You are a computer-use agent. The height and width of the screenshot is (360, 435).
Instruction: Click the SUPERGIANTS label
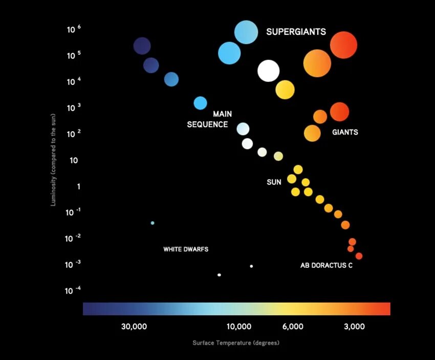(296, 32)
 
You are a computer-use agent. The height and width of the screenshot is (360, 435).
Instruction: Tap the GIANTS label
(345, 132)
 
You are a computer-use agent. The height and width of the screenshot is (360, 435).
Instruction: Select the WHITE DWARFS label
(186, 249)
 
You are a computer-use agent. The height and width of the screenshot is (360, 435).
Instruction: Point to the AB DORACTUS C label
(326, 266)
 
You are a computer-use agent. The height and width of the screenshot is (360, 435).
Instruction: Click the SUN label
(274, 182)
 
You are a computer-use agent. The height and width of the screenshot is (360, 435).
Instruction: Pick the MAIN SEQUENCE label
(208, 119)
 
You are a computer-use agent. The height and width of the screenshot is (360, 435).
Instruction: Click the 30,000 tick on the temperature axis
(135, 327)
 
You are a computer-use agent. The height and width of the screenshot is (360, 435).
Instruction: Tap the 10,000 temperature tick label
(239, 327)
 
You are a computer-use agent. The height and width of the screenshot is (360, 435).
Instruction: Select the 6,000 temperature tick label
(293, 327)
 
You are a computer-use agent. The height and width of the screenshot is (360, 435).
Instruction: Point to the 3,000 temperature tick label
(354, 327)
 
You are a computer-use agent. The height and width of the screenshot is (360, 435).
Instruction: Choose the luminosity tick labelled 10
(73, 160)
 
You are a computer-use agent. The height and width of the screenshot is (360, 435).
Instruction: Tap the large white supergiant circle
(268, 71)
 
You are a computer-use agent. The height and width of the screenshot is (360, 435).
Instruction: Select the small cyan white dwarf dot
(153, 223)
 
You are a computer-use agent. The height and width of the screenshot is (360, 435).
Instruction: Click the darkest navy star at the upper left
(142, 46)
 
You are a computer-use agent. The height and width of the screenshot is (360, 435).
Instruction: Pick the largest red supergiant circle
(343, 45)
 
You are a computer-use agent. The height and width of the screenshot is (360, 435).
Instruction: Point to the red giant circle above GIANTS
(339, 112)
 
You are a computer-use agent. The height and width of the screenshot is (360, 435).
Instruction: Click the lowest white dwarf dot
(219, 275)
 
